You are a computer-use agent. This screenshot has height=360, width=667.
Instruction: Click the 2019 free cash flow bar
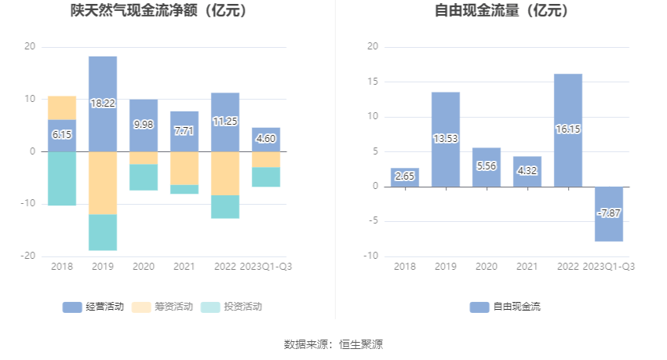pos(446,139)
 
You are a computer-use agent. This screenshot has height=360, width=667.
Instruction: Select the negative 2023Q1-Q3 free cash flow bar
pos(609,213)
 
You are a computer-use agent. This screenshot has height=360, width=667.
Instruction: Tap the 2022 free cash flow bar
pos(568,130)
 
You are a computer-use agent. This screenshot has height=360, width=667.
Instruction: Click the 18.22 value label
pos(103,103)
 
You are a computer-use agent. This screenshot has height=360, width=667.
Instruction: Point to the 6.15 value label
pos(62,135)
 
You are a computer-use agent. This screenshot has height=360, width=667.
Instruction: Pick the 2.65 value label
pos(405,176)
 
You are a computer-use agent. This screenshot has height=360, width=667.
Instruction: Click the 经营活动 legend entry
pos(93,307)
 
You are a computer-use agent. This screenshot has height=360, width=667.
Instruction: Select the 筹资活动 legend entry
pos(162,307)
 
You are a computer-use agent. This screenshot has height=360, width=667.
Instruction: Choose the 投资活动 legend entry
pos(231,307)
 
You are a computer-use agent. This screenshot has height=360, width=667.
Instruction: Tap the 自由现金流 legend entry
pos(505,307)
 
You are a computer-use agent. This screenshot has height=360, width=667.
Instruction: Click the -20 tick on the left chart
pos(29,256)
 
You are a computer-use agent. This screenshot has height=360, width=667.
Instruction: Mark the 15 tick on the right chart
pos(374,82)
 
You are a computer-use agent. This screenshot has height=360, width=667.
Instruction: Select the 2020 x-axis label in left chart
pos(144,267)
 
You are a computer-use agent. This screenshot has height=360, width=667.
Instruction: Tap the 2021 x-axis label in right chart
pos(527,267)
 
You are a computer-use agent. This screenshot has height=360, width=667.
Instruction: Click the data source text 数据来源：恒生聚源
pos(333,344)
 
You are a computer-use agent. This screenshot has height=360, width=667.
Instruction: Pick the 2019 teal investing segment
pos(103,232)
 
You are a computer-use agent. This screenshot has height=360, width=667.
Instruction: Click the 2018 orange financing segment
pos(62,107)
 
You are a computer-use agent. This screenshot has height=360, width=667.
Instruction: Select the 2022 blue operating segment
pos(225,122)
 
